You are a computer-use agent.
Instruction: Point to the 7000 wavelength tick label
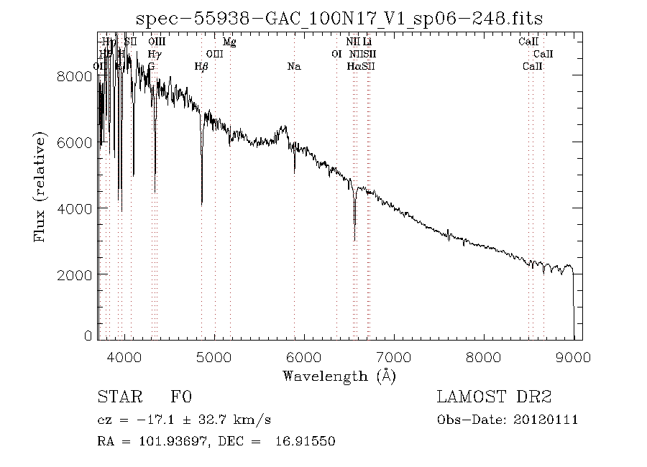(393, 356)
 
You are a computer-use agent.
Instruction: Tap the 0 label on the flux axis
(88, 336)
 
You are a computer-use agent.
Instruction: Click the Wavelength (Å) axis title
(339, 375)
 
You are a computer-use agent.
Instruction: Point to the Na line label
(293, 67)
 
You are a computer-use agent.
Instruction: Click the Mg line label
(229, 42)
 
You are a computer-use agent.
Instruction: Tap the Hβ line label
(201, 67)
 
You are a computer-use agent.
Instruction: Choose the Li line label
(367, 42)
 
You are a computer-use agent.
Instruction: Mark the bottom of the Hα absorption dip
(354, 240)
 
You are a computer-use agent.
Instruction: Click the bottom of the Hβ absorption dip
(201, 205)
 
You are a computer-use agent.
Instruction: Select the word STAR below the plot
(119, 397)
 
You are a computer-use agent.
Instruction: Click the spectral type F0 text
(180, 397)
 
